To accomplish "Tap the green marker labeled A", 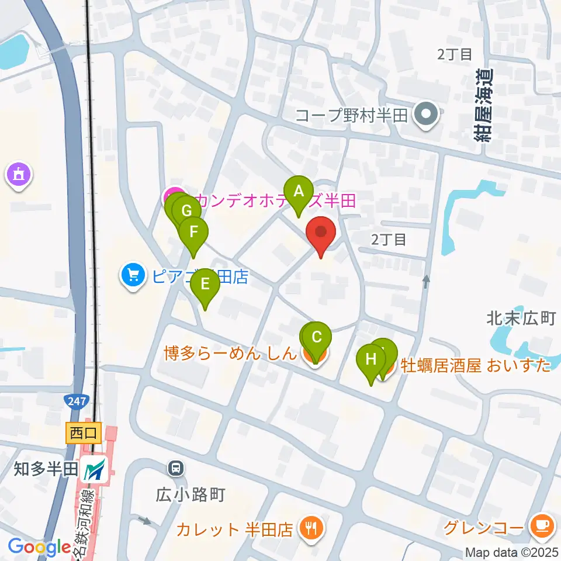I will click(x=299, y=192).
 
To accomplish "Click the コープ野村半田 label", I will click(x=351, y=114).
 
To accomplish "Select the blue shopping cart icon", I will click(x=133, y=275).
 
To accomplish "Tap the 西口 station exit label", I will click(x=84, y=433).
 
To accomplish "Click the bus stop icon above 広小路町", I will click(x=175, y=467).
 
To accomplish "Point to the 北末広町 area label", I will click(x=520, y=318).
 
